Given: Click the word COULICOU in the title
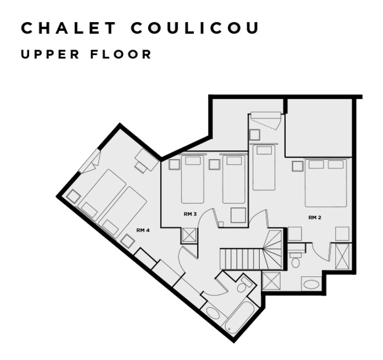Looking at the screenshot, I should pyautogui.click(x=195, y=29).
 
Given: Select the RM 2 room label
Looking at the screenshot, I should pyautogui.click(x=314, y=217).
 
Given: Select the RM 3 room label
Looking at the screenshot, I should pyautogui.click(x=190, y=214).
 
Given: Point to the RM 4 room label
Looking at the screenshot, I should pyautogui.click(x=143, y=230).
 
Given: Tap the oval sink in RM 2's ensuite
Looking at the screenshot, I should pyautogui.click(x=311, y=285).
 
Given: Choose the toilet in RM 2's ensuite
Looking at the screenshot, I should pyautogui.click(x=296, y=260).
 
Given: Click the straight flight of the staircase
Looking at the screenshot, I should pyautogui.click(x=240, y=258).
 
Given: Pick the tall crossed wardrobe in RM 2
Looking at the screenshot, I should pyautogui.click(x=342, y=256).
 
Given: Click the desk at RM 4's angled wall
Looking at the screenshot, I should pyautogui.click(x=146, y=159).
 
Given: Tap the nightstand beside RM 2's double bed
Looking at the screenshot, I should pyautogui.click(x=298, y=166).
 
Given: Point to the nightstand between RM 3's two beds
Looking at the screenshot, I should pyautogui.click(x=214, y=164).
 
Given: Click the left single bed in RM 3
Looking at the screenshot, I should pyautogui.click(x=193, y=179).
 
